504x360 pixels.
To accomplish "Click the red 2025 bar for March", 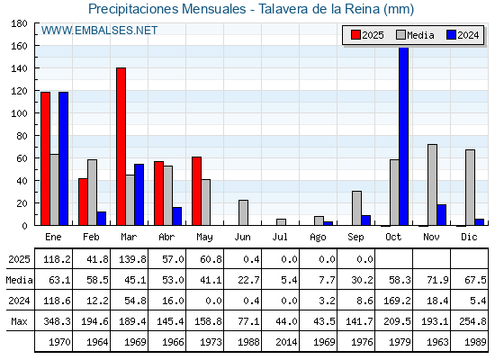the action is [x=121, y=147].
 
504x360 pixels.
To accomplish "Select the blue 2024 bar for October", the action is [x=404, y=136].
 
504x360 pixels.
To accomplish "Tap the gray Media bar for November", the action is [x=432, y=184].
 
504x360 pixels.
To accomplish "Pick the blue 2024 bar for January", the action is [x=63, y=158].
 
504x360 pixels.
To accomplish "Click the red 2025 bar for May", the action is [x=197, y=191].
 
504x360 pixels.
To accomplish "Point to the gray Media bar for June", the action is [x=243, y=212].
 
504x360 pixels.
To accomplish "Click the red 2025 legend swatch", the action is [x=355, y=35].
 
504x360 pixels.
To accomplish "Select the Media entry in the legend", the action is [x=415, y=35].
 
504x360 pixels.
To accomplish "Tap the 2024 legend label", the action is [x=468, y=35].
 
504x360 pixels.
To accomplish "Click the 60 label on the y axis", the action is [x=22, y=158].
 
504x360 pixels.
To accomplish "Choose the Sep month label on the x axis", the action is [x=355, y=238].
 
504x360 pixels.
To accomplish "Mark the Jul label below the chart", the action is [x=280, y=238].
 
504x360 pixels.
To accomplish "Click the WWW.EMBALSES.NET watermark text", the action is [x=99, y=31].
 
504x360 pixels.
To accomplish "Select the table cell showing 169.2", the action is [x=397, y=301].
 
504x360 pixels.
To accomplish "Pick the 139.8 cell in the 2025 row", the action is [x=132, y=259].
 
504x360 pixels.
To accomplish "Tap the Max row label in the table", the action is [x=19, y=321].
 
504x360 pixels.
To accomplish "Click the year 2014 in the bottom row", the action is [x=286, y=342].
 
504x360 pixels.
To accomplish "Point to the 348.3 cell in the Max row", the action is [x=57, y=321].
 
